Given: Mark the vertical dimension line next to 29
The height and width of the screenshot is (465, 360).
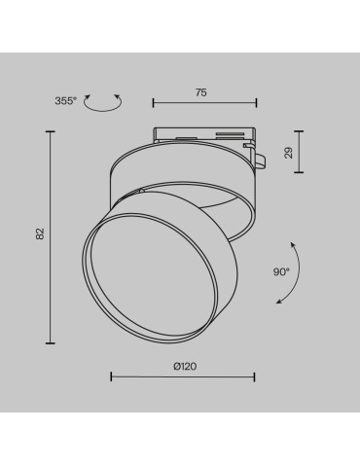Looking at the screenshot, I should (300, 150).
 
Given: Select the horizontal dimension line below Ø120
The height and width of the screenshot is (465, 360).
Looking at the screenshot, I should (183, 376).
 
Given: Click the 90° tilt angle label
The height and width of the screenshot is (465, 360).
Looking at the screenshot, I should (281, 273).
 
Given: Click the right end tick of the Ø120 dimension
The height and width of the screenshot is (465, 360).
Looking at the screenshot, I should (255, 376).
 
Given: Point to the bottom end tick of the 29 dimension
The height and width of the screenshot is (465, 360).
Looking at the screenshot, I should (300, 169).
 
